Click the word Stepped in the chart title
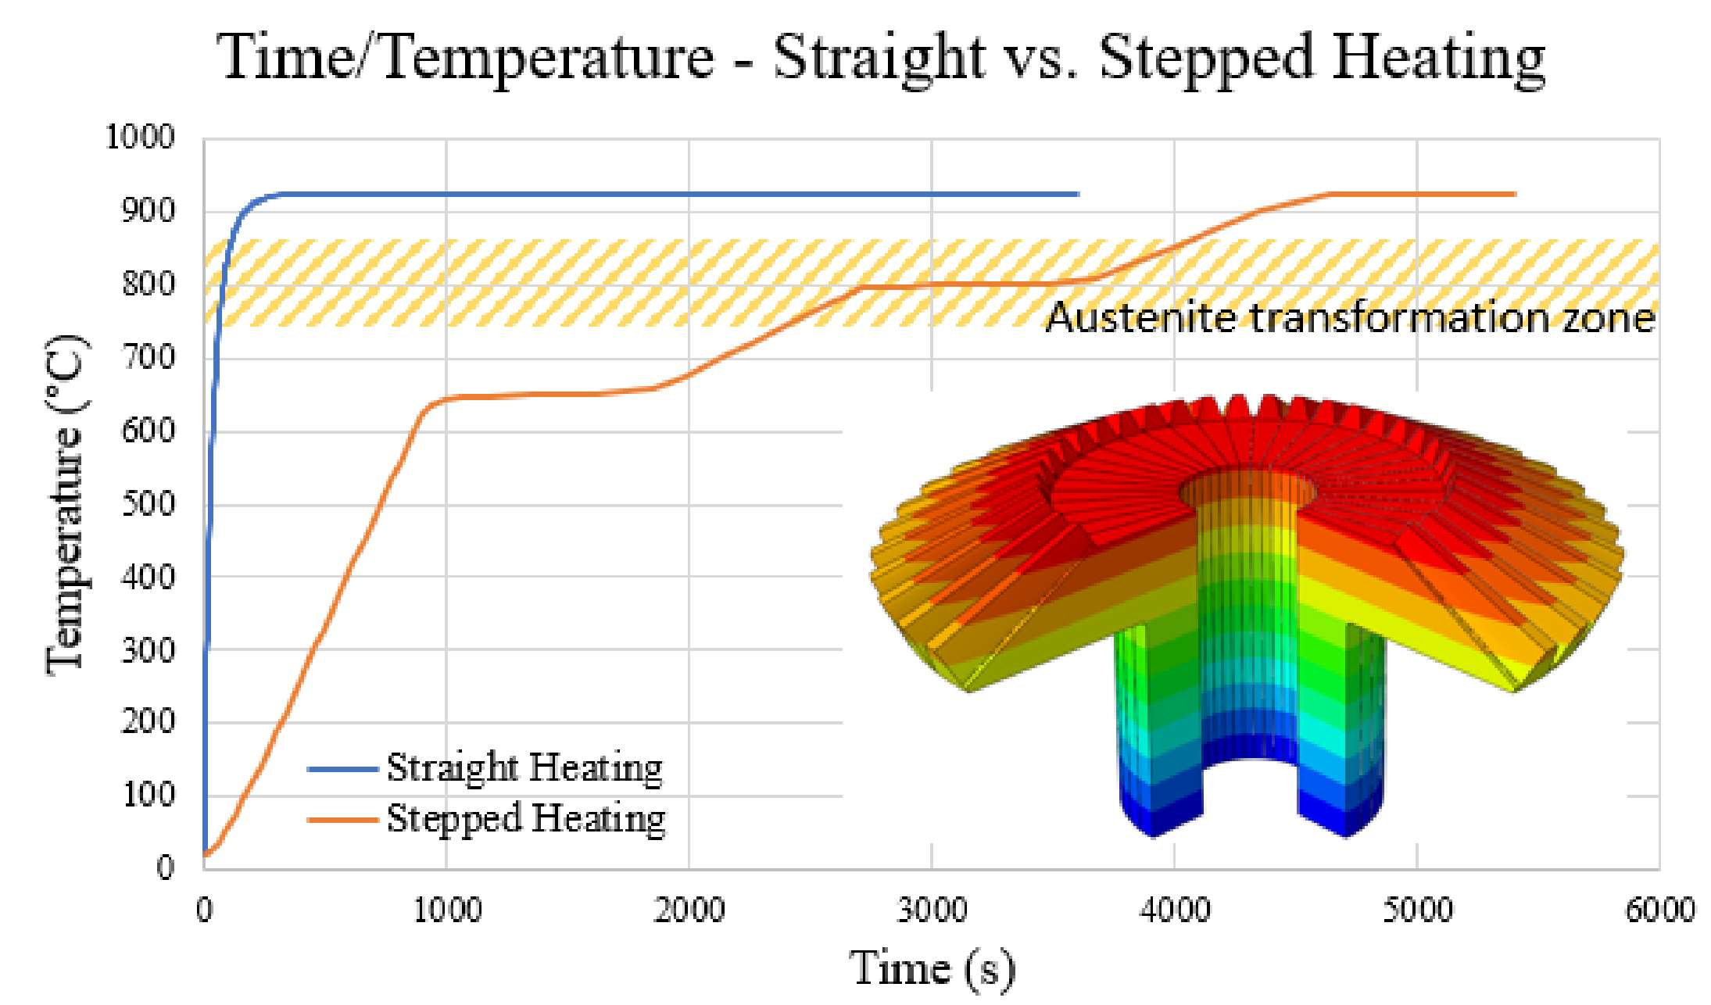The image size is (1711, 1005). tap(1206, 59)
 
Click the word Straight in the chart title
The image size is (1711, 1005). tap(879, 59)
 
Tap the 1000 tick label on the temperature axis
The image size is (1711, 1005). tap(140, 138)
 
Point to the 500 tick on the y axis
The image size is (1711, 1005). tap(149, 504)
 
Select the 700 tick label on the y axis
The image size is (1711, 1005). tap(149, 358)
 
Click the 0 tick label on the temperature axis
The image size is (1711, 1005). tap(165, 867)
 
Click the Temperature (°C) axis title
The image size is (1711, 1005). tap(66, 504)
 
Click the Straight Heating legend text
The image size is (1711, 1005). tap(524, 768)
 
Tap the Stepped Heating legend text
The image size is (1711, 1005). tap(526, 819)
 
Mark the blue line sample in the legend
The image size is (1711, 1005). tap(343, 769)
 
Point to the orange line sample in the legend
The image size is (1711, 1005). tap(343, 820)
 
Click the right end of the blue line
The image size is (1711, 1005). tap(1078, 194)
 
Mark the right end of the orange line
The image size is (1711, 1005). tap(1515, 194)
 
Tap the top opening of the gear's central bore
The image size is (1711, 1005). tap(1247, 491)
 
